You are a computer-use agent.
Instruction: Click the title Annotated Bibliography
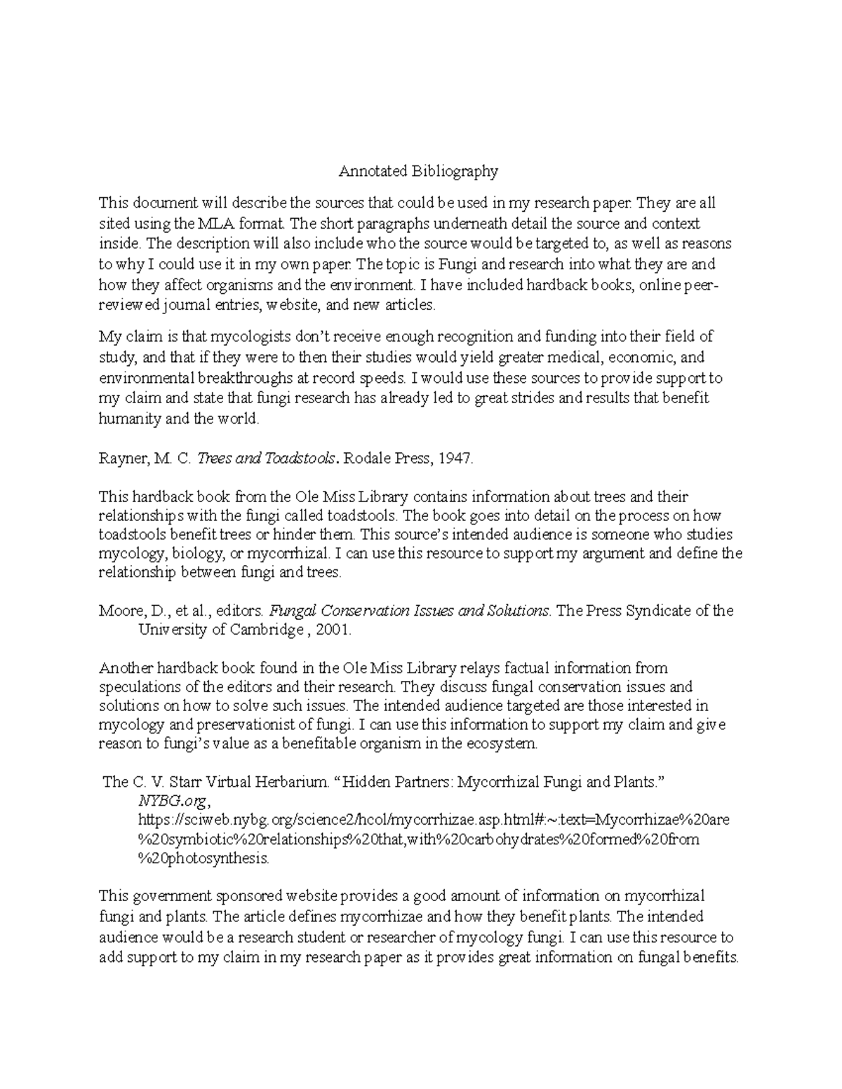[418, 171]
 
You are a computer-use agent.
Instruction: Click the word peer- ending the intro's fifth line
[703, 285]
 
